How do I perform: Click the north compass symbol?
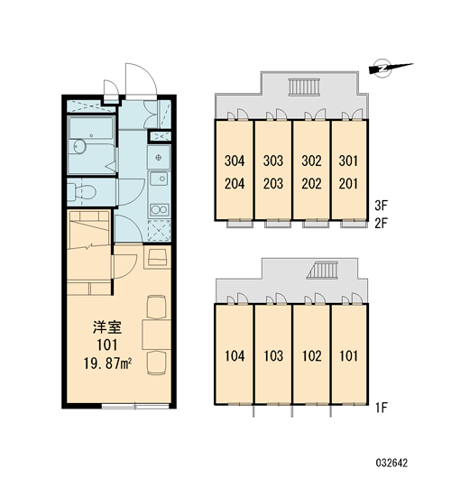(x=391, y=68)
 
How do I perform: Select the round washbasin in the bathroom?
(x=79, y=146)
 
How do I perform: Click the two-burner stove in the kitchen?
(x=159, y=209)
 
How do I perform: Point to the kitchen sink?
(x=159, y=179)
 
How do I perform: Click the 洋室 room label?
(x=107, y=327)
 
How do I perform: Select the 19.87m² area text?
(x=107, y=364)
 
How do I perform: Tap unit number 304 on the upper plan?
(x=235, y=161)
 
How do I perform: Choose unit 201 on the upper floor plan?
(x=348, y=183)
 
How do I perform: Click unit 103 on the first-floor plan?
(x=273, y=356)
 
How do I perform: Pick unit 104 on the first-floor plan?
(x=235, y=356)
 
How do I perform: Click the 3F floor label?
(x=381, y=206)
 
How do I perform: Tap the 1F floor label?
(x=382, y=408)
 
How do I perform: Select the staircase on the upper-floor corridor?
(x=304, y=87)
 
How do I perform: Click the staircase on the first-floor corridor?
(x=322, y=271)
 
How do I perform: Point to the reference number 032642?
(x=391, y=464)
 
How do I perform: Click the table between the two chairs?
(x=157, y=335)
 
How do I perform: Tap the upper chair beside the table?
(x=157, y=307)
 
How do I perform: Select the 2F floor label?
(x=381, y=224)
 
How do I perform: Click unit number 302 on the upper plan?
(x=312, y=161)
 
